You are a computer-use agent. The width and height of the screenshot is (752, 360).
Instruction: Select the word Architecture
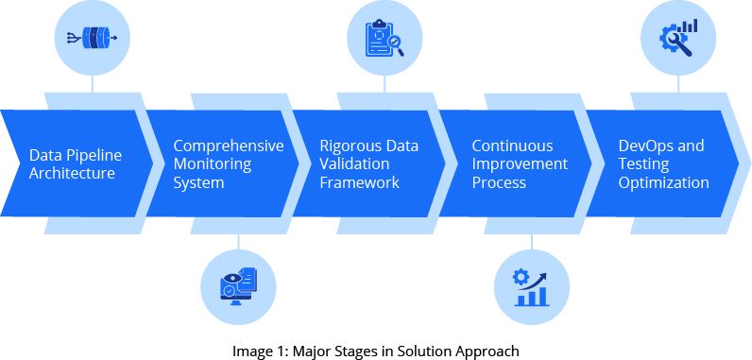pyautogui.click(x=72, y=174)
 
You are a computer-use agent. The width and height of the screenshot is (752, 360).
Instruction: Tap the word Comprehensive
pyautogui.click(x=229, y=146)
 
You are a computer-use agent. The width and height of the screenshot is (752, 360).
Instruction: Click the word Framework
pyautogui.click(x=359, y=182)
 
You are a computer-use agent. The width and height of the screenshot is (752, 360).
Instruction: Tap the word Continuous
pyautogui.click(x=512, y=146)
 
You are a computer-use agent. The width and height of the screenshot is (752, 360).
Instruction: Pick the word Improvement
pyautogui.click(x=520, y=164)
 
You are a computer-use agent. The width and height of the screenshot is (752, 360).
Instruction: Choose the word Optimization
pyautogui.click(x=663, y=182)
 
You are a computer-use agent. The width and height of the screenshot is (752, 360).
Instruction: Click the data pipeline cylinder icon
pyautogui.click(x=93, y=38)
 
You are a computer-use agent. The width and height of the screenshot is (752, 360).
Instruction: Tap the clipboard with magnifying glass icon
pyautogui.click(x=385, y=38)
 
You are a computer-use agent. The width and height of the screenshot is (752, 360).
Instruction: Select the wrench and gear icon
pyautogui.click(x=679, y=38)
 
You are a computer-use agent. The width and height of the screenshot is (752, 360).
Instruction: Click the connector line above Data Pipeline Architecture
pyautogui.click(x=93, y=83)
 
